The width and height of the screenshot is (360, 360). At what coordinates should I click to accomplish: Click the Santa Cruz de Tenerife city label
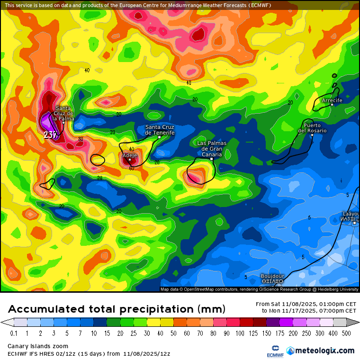coord(160,130)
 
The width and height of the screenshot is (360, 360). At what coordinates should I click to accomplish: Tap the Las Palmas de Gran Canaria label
coord(212,148)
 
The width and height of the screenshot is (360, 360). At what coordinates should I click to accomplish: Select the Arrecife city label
coord(332,100)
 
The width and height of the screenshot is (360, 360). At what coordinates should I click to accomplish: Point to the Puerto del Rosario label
coord(312,128)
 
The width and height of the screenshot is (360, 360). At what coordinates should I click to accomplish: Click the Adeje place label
coord(129,155)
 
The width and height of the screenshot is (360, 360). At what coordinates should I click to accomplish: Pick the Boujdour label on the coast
coord(272,276)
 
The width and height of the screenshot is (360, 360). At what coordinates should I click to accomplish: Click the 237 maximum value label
coord(50,135)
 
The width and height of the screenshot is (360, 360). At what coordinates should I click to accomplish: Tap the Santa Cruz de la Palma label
coord(63,113)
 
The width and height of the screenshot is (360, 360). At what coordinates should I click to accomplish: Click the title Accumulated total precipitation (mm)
coord(117,309)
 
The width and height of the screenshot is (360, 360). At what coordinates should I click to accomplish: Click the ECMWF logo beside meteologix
coord(271,351)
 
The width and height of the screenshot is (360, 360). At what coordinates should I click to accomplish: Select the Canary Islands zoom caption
coord(38,346)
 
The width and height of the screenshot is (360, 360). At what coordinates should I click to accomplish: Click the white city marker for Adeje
coord(129,160)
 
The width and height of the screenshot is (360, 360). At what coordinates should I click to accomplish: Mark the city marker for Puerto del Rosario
coord(312,135)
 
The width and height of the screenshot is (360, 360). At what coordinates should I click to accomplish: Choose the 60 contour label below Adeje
coord(132,168)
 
